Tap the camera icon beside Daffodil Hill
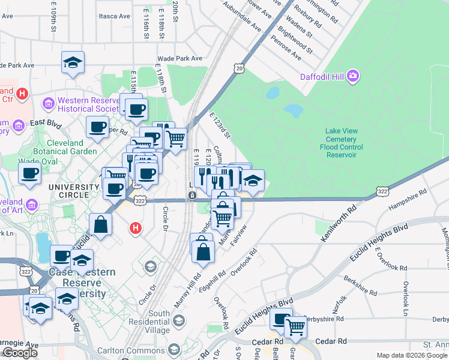[354, 76]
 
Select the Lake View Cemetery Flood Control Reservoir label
[343, 143]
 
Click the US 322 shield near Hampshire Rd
[381, 190]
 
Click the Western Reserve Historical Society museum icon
[49, 105]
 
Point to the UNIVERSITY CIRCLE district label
[74, 191]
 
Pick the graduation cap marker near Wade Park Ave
[73, 62]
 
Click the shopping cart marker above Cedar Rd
[295, 327]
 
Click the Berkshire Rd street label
[361, 287]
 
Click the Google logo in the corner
[19, 353]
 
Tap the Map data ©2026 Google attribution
[412, 355]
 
